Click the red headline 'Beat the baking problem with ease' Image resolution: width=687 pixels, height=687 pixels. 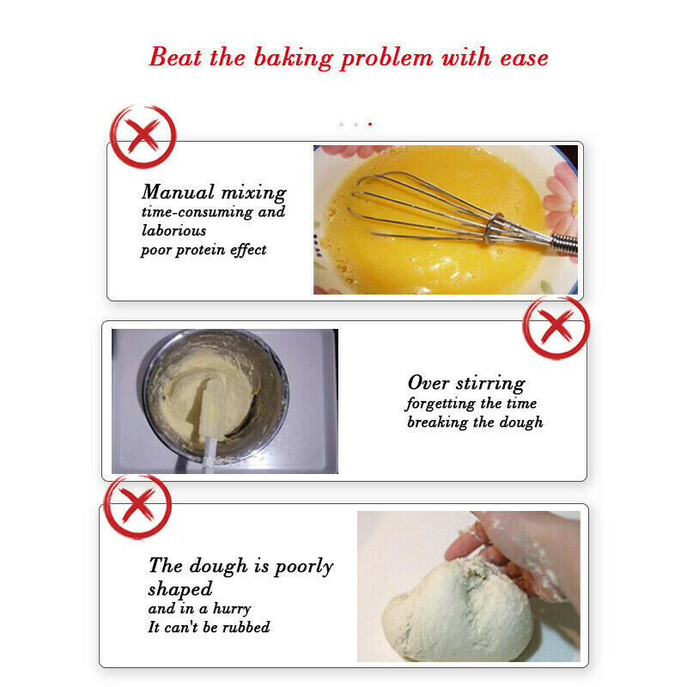point(349,58)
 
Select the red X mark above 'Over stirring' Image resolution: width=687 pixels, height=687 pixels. point(556,326)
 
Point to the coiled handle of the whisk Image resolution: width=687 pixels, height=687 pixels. point(564,244)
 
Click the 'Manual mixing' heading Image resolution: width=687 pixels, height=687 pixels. point(214,192)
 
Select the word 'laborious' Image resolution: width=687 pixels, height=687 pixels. point(173,230)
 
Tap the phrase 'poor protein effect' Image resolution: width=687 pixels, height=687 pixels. point(204,250)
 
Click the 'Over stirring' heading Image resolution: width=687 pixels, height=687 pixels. point(466,383)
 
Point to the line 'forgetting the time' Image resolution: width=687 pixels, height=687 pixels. point(471,403)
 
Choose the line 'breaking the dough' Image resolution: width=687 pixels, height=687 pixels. point(475,422)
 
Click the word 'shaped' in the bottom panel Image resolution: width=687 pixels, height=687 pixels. point(180,589)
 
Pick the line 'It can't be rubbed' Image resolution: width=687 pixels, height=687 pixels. point(209,627)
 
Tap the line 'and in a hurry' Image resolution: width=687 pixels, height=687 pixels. point(199,609)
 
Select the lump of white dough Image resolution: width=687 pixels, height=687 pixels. point(458,609)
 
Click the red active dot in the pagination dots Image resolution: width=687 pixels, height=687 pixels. point(370,125)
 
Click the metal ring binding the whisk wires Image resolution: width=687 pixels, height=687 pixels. point(494,228)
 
